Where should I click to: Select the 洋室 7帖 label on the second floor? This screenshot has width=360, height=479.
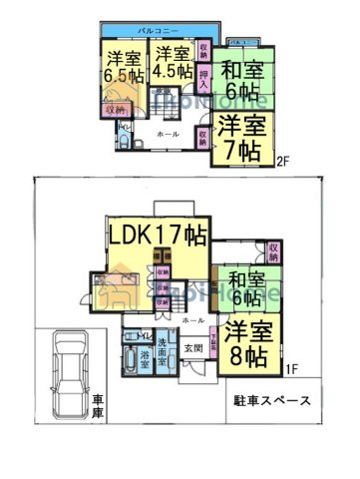pyautogui.click(x=240, y=138)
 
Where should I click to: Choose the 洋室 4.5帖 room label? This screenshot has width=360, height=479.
pyautogui.click(x=173, y=62)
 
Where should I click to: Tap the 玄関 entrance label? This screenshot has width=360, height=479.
pyautogui.click(x=193, y=348)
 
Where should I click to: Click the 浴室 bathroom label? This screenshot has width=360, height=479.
pyautogui.click(x=145, y=356)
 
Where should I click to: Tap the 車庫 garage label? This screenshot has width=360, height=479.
pyautogui.click(x=98, y=406)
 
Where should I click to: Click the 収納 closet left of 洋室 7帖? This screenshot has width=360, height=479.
pyautogui.click(x=202, y=134)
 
